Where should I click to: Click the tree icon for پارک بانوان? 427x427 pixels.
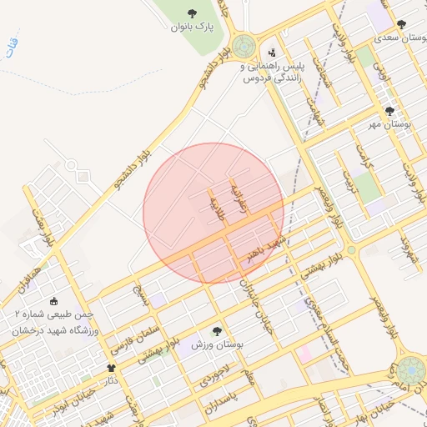193,13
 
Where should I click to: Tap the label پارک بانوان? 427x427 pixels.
193,27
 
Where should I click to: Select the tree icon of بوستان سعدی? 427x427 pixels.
401,24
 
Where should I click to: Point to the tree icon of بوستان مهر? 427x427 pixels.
389,111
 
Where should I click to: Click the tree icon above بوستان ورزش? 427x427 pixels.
217,331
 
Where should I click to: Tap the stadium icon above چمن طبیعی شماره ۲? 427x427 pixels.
54,301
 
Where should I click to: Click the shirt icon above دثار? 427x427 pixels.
111,368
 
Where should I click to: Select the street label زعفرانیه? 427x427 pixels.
238,193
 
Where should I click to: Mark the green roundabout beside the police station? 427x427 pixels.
244,46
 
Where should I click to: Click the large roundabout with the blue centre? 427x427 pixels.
410,369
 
